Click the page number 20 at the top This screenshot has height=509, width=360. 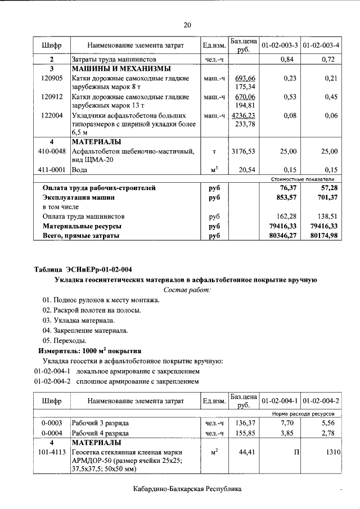[x=187, y=25]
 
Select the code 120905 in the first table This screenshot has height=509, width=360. [x=52, y=78]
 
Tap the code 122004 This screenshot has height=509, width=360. [x=52, y=116]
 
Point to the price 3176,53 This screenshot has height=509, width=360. [x=244, y=151]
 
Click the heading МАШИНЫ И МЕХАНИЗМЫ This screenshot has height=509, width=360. [x=120, y=69]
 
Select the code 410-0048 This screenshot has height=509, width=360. [x=52, y=151]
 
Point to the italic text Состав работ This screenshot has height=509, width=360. [x=187, y=290]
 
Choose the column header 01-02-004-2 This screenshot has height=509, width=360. [x=321, y=401]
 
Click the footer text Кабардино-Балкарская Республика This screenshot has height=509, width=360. [x=187, y=489]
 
